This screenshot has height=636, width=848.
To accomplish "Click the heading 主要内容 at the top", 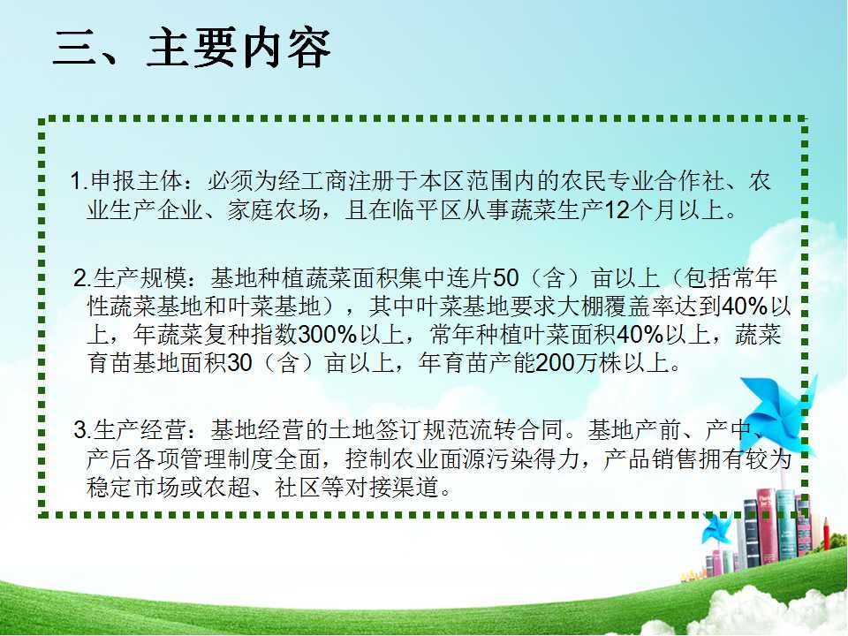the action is click(238, 48).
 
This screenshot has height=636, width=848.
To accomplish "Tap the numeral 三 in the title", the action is click(76, 48).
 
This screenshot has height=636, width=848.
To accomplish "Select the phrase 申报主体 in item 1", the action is click(137, 180).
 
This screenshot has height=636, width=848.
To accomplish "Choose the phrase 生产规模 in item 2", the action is click(140, 278).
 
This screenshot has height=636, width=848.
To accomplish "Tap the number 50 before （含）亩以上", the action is click(506, 278).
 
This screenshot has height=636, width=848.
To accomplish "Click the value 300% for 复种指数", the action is click(327, 335).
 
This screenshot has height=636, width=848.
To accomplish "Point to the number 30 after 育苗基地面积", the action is click(240, 363).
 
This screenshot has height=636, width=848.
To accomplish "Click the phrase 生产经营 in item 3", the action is click(140, 430).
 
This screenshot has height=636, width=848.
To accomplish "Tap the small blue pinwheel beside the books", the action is click(716, 528).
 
